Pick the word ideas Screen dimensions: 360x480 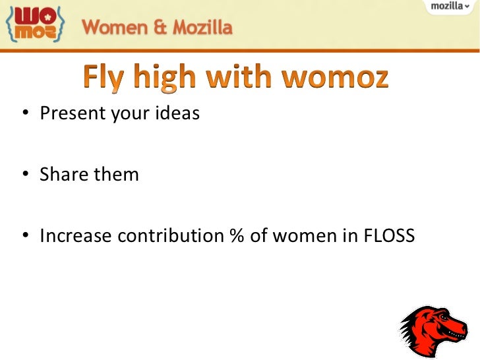click(177, 114)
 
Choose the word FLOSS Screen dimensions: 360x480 click(389, 235)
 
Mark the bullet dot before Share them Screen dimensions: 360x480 click(24, 175)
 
